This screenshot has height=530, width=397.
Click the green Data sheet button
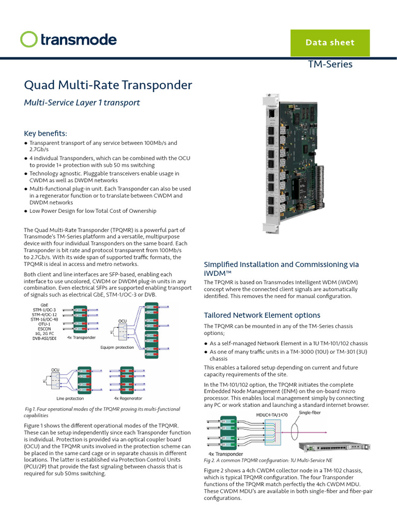click(330, 42)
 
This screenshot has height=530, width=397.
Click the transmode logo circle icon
click(29, 39)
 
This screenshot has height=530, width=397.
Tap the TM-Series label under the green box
click(330, 64)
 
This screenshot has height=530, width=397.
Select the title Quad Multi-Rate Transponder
click(108, 85)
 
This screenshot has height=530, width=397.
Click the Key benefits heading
click(45, 133)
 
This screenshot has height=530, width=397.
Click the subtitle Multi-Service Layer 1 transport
click(82, 102)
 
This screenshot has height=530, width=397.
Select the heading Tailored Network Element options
click(262, 315)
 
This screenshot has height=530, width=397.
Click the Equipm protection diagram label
click(117, 348)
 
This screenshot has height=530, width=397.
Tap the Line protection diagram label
click(70, 399)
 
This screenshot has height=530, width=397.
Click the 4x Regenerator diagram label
click(128, 399)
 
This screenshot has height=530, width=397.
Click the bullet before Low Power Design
click(26, 211)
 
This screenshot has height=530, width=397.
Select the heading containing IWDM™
click(281, 268)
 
